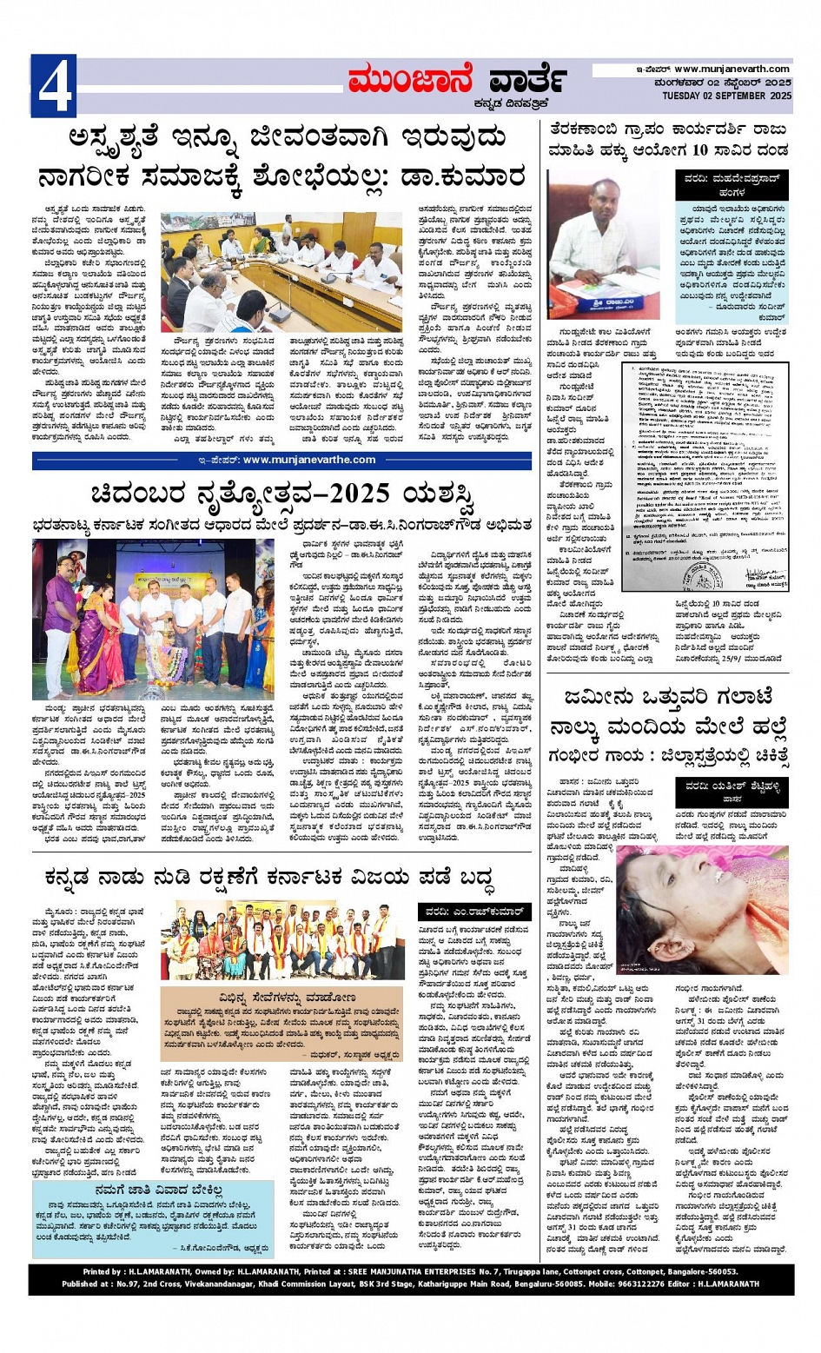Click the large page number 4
[x=54, y=86]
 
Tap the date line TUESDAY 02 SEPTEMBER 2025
[x=726, y=96]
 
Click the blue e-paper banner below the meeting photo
[x=281, y=460]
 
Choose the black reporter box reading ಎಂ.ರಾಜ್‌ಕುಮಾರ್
[x=474, y=912]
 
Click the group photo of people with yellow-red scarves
[x=282, y=941]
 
